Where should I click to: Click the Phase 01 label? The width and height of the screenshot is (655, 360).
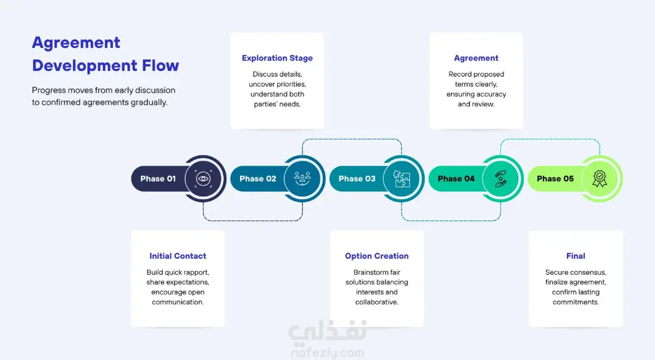click(x=158, y=179)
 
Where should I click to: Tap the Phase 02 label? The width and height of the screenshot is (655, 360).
click(x=258, y=179)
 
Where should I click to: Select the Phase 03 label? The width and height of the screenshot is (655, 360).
click(x=356, y=179)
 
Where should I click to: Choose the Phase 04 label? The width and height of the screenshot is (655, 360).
click(x=456, y=179)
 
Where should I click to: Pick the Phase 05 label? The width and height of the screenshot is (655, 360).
click(x=555, y=179)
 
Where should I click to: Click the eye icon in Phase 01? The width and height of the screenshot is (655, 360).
click(x=203, y=179)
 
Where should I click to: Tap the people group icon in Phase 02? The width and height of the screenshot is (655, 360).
click(x=302, y=179)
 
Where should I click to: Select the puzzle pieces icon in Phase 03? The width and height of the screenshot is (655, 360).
click(x=401, y=179)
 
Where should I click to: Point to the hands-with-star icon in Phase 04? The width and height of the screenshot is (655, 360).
click(x=500, y=179)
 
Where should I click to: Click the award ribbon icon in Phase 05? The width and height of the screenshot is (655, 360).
click(x=600, y=179)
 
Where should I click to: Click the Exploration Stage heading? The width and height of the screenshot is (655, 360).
click(x=277, y=58)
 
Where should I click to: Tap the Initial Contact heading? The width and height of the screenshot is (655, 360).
click(x=178, y=256)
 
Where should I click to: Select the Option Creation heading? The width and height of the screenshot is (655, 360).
click(x=377, y=256)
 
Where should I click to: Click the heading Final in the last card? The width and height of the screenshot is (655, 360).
click(x=576, y=256)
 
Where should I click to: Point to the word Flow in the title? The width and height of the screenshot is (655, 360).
click(x=160, y=65)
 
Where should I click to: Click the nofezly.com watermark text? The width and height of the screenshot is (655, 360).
click(x=328, y=353)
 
